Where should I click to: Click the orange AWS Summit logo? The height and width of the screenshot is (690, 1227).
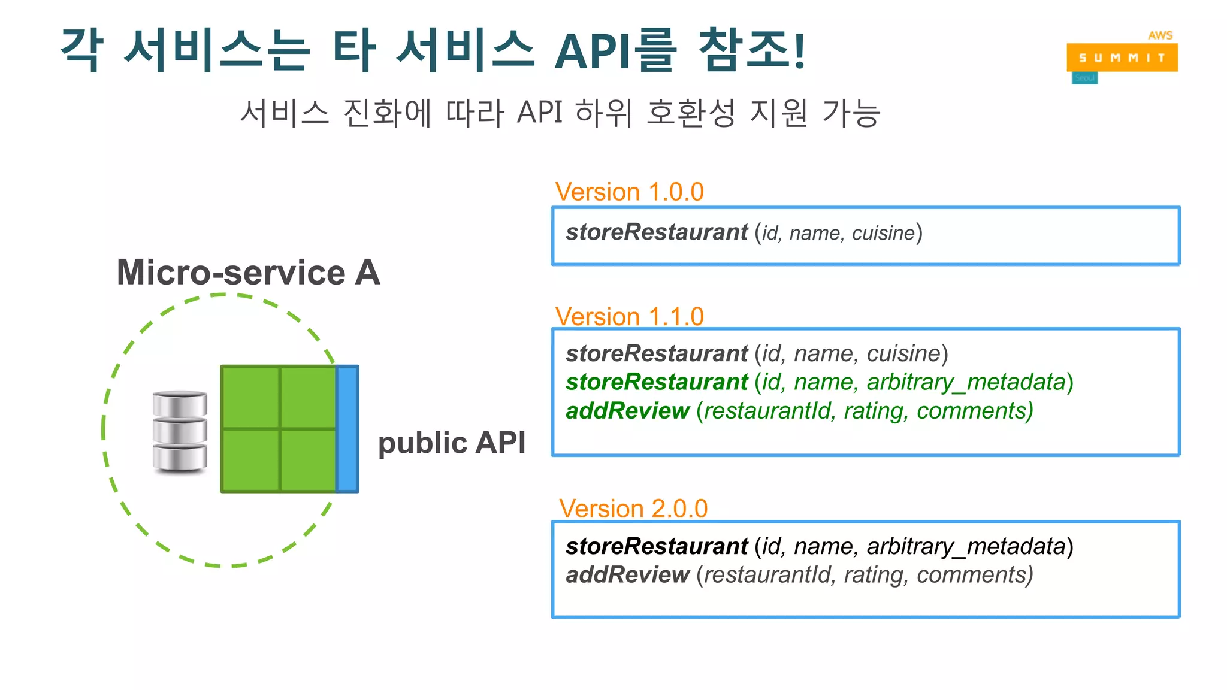tap(1122, 57)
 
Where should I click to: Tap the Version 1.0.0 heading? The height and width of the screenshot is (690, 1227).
tap(629, 192)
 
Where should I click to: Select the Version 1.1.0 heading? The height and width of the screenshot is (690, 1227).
tap(629, 316)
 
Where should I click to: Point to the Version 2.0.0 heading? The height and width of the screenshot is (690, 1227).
tap(633, 509)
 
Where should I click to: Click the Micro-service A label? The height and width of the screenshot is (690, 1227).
tap(248, 273)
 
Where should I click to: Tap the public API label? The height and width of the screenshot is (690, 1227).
tap(452, 443)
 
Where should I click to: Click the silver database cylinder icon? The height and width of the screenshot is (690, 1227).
tap(180, 431)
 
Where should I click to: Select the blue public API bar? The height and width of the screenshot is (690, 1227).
tap(347, 429)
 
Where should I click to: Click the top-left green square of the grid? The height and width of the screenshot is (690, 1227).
tap(250, 397)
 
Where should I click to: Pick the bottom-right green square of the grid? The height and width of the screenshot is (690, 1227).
tap(308, 460)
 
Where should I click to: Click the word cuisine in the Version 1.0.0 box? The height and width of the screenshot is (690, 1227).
tap(883, 233)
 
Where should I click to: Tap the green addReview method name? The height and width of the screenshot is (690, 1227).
tap(627, 411)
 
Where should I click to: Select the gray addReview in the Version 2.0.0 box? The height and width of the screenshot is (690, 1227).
tap(627, 575)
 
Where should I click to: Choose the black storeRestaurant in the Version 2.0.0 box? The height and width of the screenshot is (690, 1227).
tap(657, 546)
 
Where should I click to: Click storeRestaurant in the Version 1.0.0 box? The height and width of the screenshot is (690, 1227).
tap(657, 232)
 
